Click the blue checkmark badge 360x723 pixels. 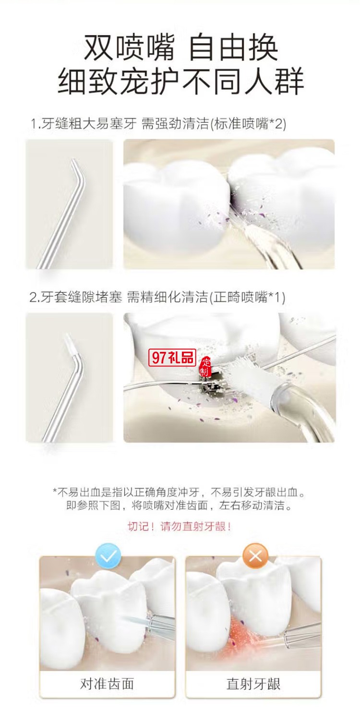click(108, 556)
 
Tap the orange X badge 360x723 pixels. click(255, 556)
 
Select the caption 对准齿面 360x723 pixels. click(107, 684)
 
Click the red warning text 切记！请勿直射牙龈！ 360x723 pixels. click(180, 526)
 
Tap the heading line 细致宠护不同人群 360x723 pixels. click(180, 82)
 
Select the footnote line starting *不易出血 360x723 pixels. click(180, 492)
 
